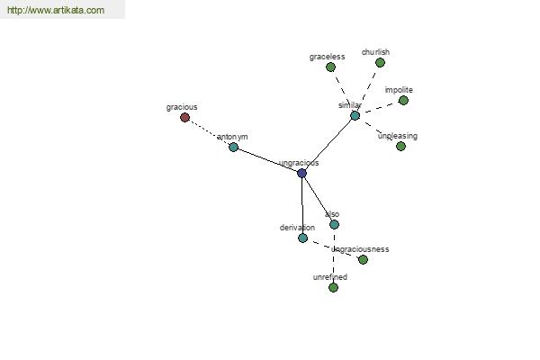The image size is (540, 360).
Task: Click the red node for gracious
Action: (184, 118)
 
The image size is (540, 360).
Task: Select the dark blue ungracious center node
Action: (302, 173)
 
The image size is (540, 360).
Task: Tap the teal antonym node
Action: (233, 147)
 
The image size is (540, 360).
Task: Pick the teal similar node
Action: (355, 115)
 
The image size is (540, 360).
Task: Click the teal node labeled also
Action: (334, 225)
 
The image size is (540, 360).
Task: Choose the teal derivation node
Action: (302, 238)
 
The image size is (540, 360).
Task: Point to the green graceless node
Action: (330, 67)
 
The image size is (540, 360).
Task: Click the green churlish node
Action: (380, 63)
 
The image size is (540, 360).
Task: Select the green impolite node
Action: (403, 100)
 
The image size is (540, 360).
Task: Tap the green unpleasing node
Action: (400, 146)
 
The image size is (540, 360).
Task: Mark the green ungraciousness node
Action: (363, 259)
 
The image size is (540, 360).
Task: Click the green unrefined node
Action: (333, 287)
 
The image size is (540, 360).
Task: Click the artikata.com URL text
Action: (56, 10)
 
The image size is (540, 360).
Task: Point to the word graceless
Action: (327, 57)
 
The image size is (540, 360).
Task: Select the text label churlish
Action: (375, 52)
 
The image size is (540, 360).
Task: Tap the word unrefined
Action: (330, 277)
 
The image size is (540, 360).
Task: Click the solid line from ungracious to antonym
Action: (267, 160)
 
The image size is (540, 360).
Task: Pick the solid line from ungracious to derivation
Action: (302, 205)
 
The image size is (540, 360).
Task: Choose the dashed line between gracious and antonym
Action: (209, 132)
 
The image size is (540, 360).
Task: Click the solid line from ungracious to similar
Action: (328, 144)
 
